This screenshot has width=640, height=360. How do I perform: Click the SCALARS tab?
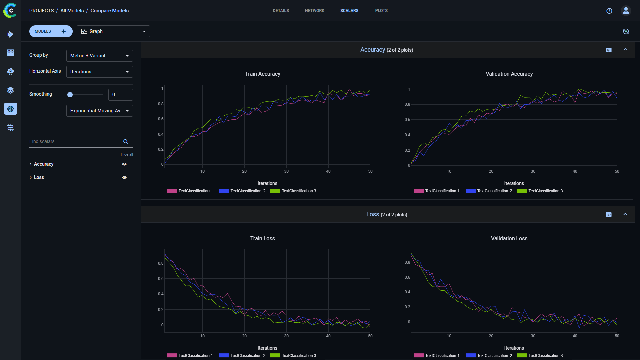pos(349,11)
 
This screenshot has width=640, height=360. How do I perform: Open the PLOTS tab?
pos(381,11)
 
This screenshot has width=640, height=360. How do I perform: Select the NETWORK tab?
pos(314,11)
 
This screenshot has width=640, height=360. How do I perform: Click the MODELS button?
pos(43,31)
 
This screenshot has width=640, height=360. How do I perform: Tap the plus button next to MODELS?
pos(64,31)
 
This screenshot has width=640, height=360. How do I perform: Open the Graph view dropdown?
pos(113,31)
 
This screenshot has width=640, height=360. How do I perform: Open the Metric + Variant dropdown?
pos(99,56)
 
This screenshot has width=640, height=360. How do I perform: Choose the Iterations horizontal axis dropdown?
pos(99,72)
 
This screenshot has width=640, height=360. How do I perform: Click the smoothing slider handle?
pos(70,95)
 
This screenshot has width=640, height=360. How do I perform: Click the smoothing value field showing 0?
pos(120,95)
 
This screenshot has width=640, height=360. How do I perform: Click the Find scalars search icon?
pos(126,142)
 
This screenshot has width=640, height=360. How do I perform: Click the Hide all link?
pos(127,154)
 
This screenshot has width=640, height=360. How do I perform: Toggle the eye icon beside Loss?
pos(124,178)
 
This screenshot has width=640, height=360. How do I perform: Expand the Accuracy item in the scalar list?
pos(31,164)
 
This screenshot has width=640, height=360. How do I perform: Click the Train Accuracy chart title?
pos(262,74)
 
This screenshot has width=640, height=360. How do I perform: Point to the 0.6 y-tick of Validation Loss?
pos(407,277)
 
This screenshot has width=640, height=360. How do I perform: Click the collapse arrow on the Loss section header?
pos(625,214)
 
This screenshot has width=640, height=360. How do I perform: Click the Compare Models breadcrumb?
pos(109,11)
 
